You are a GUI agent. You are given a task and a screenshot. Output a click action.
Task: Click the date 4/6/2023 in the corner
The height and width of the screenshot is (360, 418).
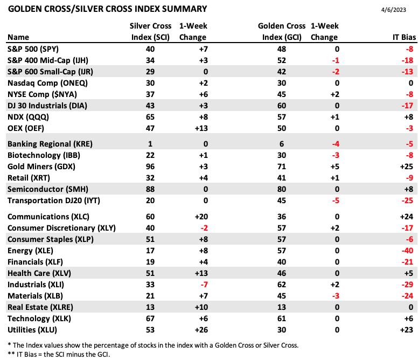393,10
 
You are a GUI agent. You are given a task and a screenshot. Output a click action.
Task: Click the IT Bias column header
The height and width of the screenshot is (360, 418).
404,37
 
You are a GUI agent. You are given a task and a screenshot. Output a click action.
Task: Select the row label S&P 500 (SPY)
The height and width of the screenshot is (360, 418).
33,49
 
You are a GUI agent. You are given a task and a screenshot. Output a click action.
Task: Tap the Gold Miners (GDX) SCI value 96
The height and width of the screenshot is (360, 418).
150,167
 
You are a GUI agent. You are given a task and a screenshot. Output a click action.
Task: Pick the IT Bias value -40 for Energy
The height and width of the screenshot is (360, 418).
407,251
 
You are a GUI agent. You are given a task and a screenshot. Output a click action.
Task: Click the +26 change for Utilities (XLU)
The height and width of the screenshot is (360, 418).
201,330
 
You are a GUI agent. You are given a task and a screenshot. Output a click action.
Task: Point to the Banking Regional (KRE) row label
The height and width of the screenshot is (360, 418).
50,144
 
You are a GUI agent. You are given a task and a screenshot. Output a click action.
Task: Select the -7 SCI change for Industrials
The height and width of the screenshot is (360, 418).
204,285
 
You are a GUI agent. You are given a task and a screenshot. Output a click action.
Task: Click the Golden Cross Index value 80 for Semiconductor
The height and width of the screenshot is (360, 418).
282,189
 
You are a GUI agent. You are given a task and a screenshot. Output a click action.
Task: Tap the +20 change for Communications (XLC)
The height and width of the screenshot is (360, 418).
201,217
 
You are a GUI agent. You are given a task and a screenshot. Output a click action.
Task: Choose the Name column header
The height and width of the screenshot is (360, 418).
18,37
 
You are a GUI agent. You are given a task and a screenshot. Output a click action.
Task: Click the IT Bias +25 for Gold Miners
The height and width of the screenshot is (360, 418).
407,167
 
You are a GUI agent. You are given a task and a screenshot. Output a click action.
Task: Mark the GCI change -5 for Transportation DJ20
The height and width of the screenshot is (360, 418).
336,200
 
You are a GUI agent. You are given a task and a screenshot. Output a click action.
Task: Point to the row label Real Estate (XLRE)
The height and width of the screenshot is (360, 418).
40,307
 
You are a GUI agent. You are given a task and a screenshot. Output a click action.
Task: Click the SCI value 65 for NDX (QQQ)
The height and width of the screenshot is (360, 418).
150,117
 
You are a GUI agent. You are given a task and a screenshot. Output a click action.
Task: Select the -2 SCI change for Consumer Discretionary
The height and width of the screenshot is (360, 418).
204,228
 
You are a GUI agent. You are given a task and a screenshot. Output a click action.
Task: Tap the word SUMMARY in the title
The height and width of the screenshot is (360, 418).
184,9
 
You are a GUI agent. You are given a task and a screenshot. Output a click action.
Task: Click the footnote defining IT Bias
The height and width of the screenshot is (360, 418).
59,355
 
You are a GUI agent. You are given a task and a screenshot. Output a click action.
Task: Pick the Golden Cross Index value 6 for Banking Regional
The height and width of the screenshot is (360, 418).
282,144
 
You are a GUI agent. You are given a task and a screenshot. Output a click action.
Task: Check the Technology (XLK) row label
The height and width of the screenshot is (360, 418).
39,319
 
